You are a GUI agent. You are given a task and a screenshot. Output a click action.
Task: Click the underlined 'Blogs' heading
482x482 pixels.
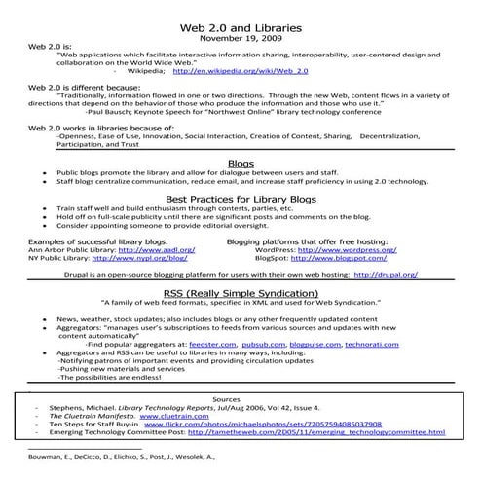240,164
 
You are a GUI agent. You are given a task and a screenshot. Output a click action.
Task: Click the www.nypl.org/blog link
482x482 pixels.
151,258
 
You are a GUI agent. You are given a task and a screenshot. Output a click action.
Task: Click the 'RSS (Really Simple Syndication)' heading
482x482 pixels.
240,292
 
